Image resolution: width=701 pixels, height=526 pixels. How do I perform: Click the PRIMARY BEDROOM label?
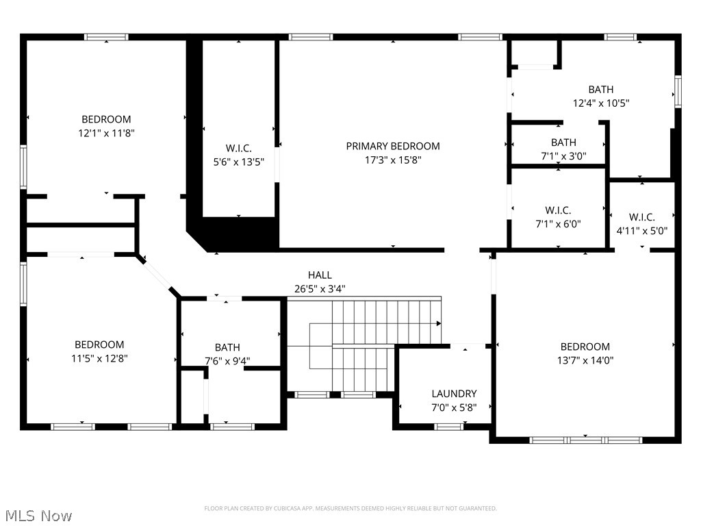point(392,147)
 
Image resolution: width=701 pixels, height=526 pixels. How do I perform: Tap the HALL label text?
point(320,275)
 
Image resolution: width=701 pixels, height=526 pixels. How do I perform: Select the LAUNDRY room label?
point(454,394)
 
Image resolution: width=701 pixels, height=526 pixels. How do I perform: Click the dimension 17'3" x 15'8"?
point(392,160)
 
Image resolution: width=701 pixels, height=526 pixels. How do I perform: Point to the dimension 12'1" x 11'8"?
point(106,134)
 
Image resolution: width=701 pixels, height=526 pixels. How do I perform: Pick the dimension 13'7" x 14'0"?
point(585,360)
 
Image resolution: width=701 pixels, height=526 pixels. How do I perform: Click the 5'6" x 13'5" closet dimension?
point(239,162)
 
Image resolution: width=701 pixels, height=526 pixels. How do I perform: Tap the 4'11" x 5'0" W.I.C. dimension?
point(642,231)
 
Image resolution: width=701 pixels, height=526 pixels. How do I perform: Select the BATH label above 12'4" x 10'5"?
point(601,90)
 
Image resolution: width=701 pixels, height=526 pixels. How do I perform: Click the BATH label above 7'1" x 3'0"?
point(563,142)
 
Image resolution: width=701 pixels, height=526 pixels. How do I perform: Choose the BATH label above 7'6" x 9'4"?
point(227,347)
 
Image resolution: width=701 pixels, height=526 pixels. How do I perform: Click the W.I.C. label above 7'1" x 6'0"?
point(558,210)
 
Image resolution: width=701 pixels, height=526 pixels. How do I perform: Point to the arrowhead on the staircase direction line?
point(439,323)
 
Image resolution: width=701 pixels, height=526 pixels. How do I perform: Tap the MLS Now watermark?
point(36,516)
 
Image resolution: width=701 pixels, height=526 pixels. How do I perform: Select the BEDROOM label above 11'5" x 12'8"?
point(99,345)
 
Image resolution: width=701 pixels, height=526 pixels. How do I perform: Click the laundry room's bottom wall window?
point(449,427)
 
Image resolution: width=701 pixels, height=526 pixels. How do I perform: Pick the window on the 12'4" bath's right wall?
point(678,92)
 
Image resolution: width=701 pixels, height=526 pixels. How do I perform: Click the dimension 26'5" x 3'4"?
point(320,289)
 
